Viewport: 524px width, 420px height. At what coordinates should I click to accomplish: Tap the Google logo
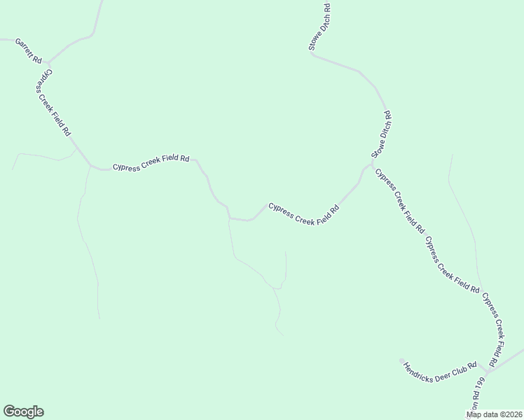[23, 412]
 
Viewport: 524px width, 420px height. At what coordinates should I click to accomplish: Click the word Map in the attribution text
[474, 414]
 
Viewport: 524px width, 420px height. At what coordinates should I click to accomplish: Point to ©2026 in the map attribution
[511, 414]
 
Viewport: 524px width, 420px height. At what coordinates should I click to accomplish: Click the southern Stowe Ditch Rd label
[382, 134]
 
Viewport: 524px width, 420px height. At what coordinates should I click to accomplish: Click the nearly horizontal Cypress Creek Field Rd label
[151, 163]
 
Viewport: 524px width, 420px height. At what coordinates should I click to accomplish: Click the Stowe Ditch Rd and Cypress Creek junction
[371, 165]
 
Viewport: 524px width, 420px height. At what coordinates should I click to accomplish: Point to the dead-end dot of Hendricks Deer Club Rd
[401, 361]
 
